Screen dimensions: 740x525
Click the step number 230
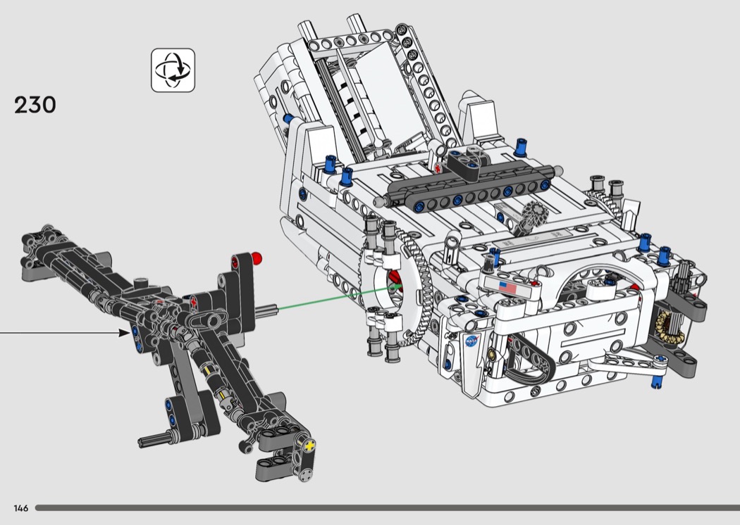[35, 105]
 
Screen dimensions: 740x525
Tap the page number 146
[21, 508]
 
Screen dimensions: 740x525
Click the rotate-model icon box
[173, 70]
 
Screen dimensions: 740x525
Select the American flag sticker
[507, 286]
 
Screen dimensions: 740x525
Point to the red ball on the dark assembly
[257, 258]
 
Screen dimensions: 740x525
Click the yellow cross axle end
[309, 445]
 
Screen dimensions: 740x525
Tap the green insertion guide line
[339, 297]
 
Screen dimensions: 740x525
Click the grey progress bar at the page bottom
[388, 508]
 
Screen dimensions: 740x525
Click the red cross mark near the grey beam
[438, 168]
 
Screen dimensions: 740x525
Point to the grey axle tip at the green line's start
[266, 310]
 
